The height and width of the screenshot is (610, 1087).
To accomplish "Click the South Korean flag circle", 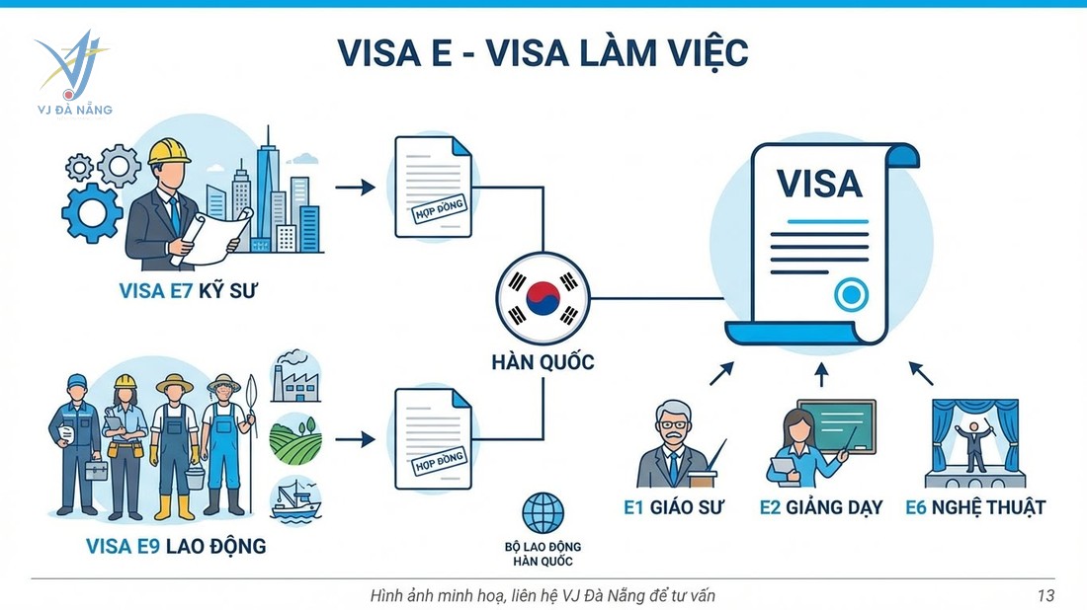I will pyautogui.click(x=543, y=296).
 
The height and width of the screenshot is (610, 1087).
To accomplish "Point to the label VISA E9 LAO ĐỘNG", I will pyautogui.click(x=176, y=545).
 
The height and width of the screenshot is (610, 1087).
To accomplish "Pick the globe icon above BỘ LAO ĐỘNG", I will pyautogui.click(x=542, y=513).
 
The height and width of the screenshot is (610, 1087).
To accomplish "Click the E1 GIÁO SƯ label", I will pyautogui.click(x=674, y=507).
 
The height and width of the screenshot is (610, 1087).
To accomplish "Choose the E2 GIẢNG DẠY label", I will pyautogui.click(x=820, y=507).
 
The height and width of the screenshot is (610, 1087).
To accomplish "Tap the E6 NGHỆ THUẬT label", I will pyautogui.click(x=975, y=507).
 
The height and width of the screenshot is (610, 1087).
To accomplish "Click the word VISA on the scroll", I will pyautogui.click(x=819, y=184).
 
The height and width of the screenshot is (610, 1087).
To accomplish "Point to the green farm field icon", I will pyautogui.click(x=295, y=438).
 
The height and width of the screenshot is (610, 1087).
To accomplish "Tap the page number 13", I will pyautogui.click(x=1045, y=595).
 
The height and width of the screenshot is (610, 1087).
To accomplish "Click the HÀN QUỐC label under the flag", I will pyautogui.click(x=543, y=361).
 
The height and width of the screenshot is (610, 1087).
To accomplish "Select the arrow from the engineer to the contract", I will pyautogui.click(x=355, y=187).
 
